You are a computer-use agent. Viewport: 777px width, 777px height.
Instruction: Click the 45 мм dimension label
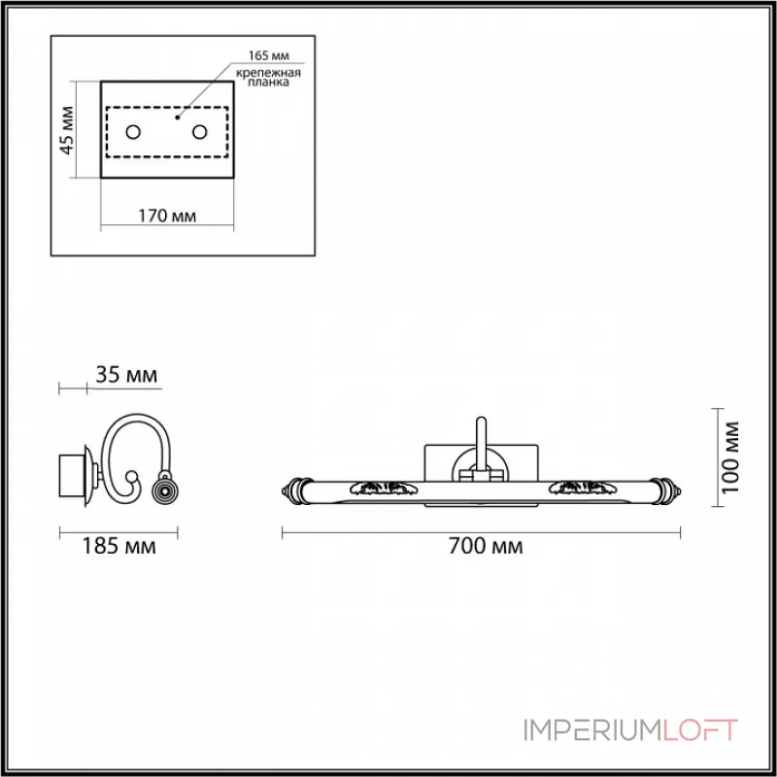[66, 130]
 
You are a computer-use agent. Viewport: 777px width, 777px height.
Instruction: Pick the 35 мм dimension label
[125, 374]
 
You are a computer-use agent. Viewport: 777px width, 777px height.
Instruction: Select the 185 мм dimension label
[119, 547]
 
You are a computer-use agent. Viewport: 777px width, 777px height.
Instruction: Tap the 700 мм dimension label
[483, 547]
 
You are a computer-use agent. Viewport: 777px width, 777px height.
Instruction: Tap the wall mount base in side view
[72, 477]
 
